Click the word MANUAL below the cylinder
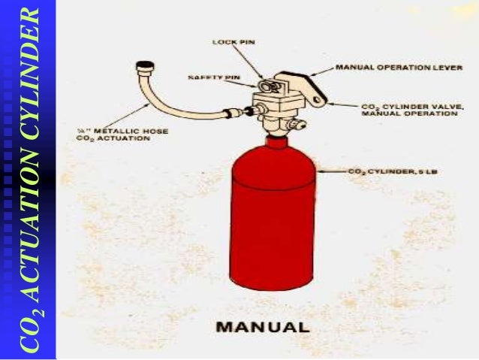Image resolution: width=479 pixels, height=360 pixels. tap(262, 327)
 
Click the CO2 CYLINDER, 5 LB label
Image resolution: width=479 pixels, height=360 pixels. tap(393, 171)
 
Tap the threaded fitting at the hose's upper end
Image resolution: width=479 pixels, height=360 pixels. tap(140, 68)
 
